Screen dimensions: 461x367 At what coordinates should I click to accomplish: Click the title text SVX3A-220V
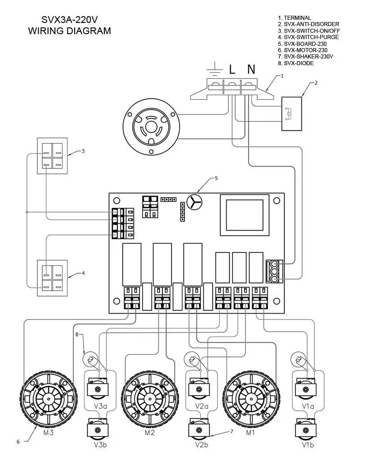[x=69, y=20]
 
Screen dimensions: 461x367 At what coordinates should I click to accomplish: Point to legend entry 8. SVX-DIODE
[x=295, y=63]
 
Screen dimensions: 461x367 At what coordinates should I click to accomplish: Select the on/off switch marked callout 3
[x=52, y=155]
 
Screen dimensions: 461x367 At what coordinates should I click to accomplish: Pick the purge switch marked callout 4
[x=52, y=278]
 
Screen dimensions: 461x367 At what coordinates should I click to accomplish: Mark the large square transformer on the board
[x=244, y=215]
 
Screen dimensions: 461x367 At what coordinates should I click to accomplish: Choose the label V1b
[x=308, y=445]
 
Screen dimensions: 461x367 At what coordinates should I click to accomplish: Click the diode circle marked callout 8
[x=90, y=359]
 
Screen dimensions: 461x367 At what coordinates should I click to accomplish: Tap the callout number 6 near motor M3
[x=18, y=442]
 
